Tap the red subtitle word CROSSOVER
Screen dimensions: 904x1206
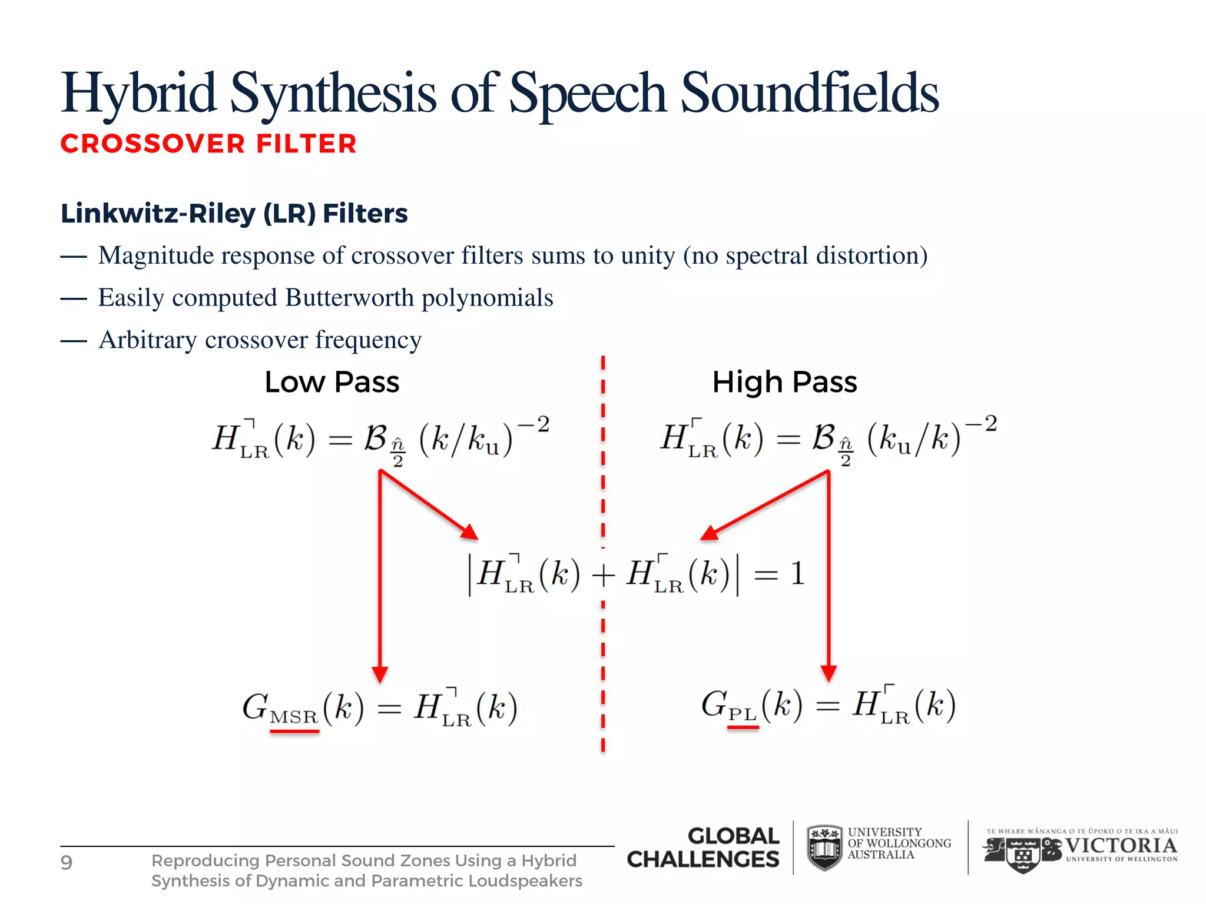[153, 144]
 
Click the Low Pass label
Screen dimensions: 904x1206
[332, 383]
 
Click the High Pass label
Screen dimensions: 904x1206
[784, 383]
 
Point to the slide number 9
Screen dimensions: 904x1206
[67, 863]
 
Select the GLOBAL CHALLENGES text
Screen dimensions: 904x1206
[704, 847]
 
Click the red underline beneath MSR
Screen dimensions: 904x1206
[294, 731]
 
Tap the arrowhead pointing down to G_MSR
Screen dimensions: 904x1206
[380, 674]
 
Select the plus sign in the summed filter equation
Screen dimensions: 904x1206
[603, 576]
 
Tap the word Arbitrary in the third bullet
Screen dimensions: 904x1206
[147, 340]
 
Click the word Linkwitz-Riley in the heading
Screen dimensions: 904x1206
[158, 214]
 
